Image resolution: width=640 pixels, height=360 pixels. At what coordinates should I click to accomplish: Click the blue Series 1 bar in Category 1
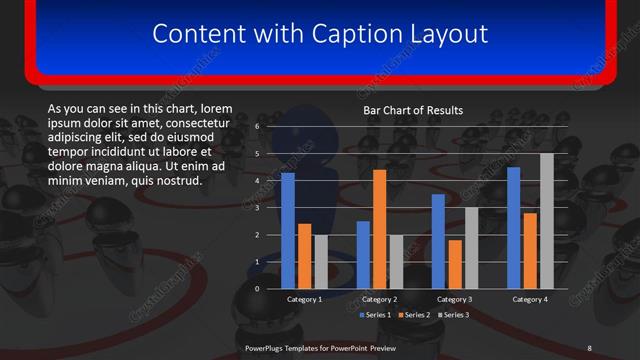[288, 231]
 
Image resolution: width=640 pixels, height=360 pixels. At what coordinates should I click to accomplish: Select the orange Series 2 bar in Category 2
[379, 229]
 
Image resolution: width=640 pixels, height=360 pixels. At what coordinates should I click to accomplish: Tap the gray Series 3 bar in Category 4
[546, 221]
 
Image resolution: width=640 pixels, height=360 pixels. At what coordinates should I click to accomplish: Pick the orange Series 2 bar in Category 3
[455, 264]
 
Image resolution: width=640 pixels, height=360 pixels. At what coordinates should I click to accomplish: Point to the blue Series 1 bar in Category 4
[514, 228]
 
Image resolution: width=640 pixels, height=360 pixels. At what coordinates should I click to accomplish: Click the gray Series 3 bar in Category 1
[320, 262]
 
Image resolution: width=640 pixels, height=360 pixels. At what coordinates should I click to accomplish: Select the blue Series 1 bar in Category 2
[362, 255]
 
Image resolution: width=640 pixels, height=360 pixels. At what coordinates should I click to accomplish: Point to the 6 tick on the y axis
[257, 127]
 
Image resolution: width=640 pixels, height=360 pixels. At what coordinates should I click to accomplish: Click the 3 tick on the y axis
[257, 208]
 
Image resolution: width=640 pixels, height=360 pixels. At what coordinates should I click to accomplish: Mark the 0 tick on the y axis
[257, 289]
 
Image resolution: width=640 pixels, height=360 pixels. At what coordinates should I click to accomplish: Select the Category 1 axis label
[304, 299]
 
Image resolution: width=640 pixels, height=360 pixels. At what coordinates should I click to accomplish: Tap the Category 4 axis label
[530, 299]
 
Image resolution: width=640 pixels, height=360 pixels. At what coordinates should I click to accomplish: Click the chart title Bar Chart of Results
[413, 110]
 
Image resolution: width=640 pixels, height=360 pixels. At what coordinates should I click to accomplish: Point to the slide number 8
[589, 347]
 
